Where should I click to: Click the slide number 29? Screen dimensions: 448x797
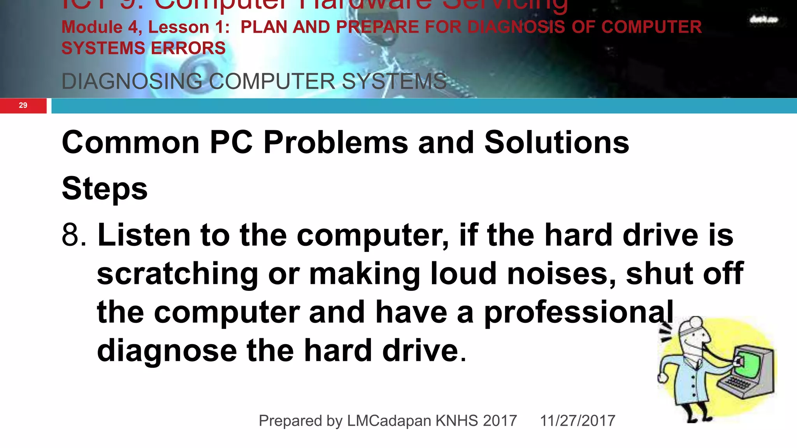pos(23,105)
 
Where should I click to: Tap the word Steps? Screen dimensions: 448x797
pos(105,189)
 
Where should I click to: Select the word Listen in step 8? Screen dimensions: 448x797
pos(144,235)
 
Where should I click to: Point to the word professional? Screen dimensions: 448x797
pos(579,312)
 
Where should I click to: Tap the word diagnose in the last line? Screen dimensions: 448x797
pos(167,350)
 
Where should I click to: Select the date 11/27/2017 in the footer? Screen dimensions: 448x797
pos(578,421)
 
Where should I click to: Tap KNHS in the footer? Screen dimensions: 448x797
pos(456,421)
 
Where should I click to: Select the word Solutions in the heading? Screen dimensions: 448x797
pos(556,142)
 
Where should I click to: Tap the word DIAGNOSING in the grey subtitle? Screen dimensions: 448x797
pos(132,81)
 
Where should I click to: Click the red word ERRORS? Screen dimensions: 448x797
pos(188,48)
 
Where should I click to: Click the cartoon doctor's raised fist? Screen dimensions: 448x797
pos(662,378)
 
